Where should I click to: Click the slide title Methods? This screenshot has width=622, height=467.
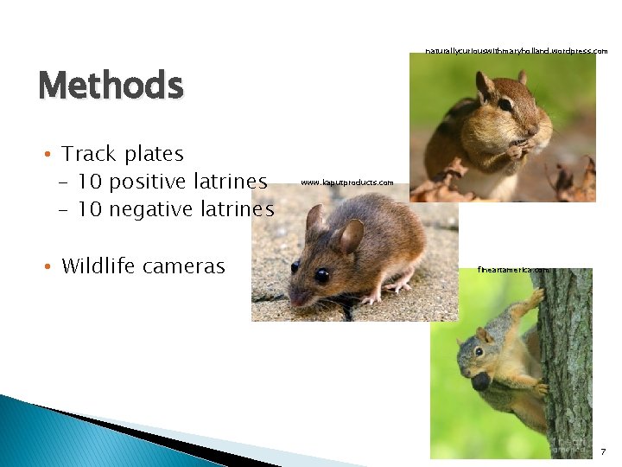click(x=111, y=86)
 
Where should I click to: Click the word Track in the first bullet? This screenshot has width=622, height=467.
click(x=90, y=154)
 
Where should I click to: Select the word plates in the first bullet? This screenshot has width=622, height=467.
click(x=154, y=155)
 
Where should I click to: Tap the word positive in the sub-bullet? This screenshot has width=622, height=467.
click(x=139, y=182)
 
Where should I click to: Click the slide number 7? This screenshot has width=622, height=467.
click(x=602, y=452)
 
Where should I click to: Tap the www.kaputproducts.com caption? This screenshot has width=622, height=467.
click(x=347, y=182)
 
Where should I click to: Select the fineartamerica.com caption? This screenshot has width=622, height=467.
click(x=513, y=270)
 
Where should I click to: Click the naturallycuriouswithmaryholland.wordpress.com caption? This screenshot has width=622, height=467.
click(x=517, y=51)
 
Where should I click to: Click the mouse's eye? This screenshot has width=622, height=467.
click(x=321, y=275)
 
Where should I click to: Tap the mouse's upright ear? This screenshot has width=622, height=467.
click(x=350, y=235)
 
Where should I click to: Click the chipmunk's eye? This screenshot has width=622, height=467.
click(x=505, y=104)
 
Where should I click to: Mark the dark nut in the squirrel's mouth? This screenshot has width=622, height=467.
click(x=480, y=381)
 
